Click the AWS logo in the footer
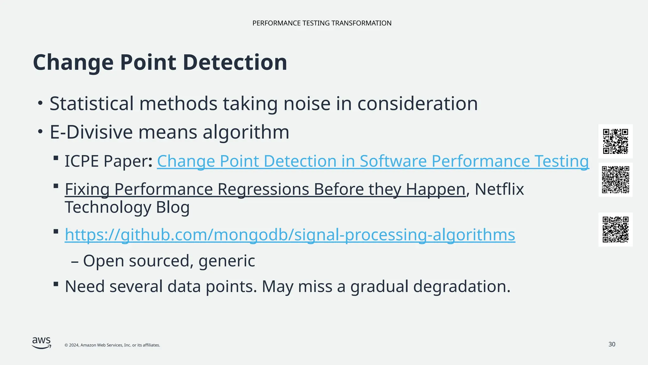coord(41,343)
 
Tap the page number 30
coord(612,344)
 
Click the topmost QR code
coord(615,141)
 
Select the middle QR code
coord(615,180)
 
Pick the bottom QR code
coord(615,229)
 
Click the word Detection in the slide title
coord(235,62)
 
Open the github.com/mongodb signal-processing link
coord(290,235)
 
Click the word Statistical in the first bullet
coord(92,104)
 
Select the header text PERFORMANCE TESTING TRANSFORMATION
coord(322,23)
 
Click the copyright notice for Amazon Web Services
coord(112,345)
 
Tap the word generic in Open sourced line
coord(227,261)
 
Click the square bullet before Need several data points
coord(56,284)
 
